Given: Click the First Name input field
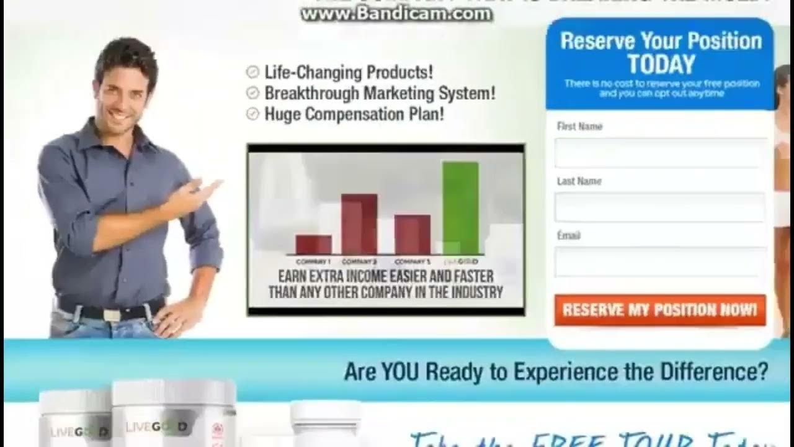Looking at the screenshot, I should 661,152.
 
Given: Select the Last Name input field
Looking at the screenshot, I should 661,207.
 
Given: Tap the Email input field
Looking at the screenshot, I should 661,261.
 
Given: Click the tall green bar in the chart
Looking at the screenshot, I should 460,208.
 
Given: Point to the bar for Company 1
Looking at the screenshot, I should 313,244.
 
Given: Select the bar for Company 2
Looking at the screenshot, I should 359,223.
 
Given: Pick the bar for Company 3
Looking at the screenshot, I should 413,234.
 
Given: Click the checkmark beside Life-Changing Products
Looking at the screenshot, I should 252,72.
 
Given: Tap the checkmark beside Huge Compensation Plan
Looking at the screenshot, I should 252,114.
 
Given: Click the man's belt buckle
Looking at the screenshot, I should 112,314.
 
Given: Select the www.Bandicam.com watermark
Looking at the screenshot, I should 396,15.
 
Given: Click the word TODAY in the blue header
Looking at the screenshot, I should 661,65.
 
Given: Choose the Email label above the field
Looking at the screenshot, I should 568,236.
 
